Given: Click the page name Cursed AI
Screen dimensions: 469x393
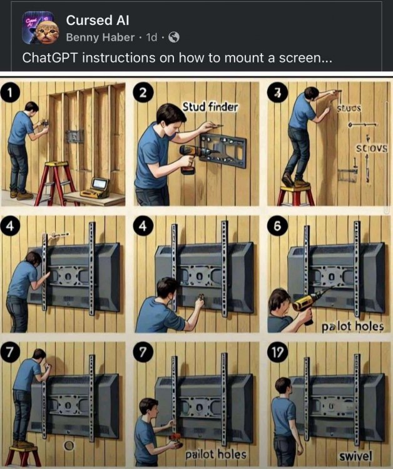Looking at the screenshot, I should point(98,21).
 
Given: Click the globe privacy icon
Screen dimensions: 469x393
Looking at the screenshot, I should point(174,38).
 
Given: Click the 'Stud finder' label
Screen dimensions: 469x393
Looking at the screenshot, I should point(210,107).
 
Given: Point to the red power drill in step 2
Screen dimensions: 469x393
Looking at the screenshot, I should point(191,156).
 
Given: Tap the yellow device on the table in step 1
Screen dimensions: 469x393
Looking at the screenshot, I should point(99,185).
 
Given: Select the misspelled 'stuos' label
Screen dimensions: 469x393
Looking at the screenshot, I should point(350,108).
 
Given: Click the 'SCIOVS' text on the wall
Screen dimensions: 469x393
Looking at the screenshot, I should point(371,149).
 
